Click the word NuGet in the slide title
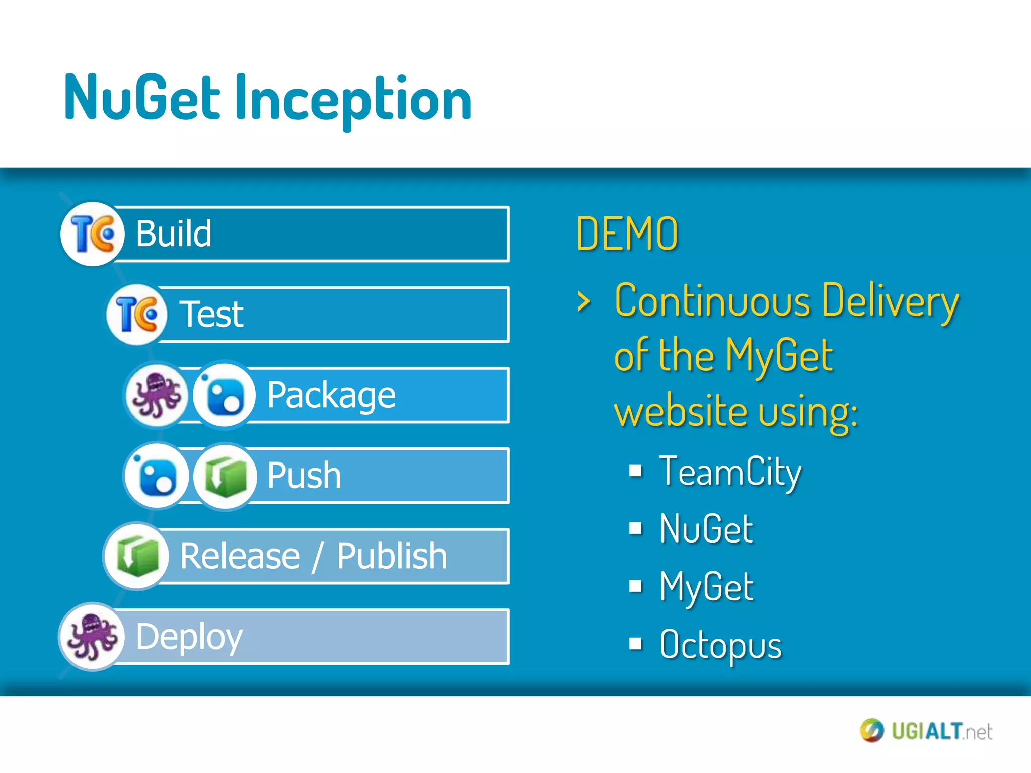click(142, 98)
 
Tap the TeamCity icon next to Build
click(92, 234)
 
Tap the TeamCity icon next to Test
click(136, 315)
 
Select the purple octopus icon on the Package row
click(157, 395)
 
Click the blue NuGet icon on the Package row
click(225, 396)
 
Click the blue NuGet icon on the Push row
click(157, 476)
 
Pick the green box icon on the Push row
click(225, 476)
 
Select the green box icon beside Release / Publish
click(136, 556)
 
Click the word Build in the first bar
click(174, 234)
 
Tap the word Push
click(304, 476)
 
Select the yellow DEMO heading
click(627, 234)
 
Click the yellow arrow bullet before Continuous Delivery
click(583, 301)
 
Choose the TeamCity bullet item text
click(730, 472)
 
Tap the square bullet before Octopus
click(636, 644)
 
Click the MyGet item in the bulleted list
click(706, 587)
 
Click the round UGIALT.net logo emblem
click(871, 730)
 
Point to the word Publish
click(392, 556)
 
